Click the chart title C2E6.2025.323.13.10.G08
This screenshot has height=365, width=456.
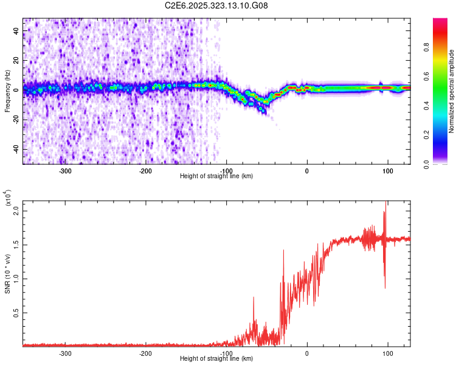(x=216, y=5)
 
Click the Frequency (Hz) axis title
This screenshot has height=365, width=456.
(x=7, y=91)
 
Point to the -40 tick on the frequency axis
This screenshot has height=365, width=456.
(x=15, y=149)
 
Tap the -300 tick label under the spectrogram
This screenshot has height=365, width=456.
(x=65, y=171)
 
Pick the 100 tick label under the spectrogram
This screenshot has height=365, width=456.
(x=387, y=171)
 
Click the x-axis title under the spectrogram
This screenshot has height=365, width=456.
(x=216, y=176)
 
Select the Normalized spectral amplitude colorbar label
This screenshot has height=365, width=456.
(x=452, y=91)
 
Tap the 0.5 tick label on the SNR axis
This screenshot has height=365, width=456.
(x=15, y=313)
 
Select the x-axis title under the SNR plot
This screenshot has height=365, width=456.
(x=216, y=359)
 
